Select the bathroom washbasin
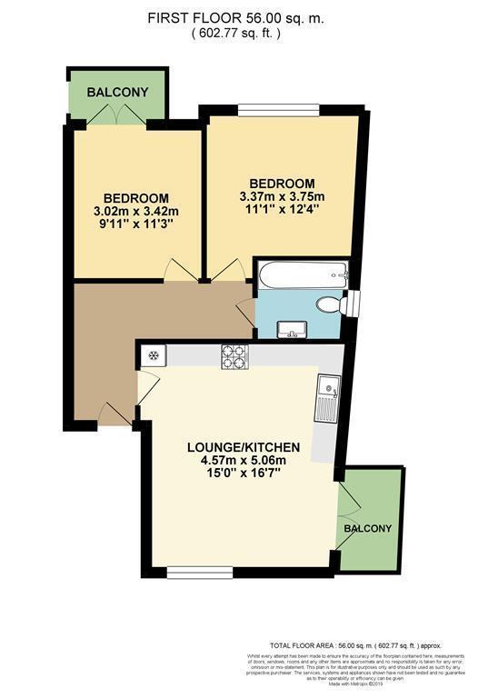pyautogui.click(x=293, y=329)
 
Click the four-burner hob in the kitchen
pyautogui.click(x=234, y=357)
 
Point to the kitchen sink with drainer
pyautogui.click(x=327, y=399)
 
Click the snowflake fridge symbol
pyautogui.click(x=154, y=355)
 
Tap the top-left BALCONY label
pyautogui.click(x=117, y=93)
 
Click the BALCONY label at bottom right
pyautogui.click(x=368, y=528)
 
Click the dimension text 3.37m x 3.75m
pyautogui.click(x=282, y=196)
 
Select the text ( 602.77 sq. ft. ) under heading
pyautogui.click(x=235, y=34)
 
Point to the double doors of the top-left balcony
pyautogui.click(x=118, y=116)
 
